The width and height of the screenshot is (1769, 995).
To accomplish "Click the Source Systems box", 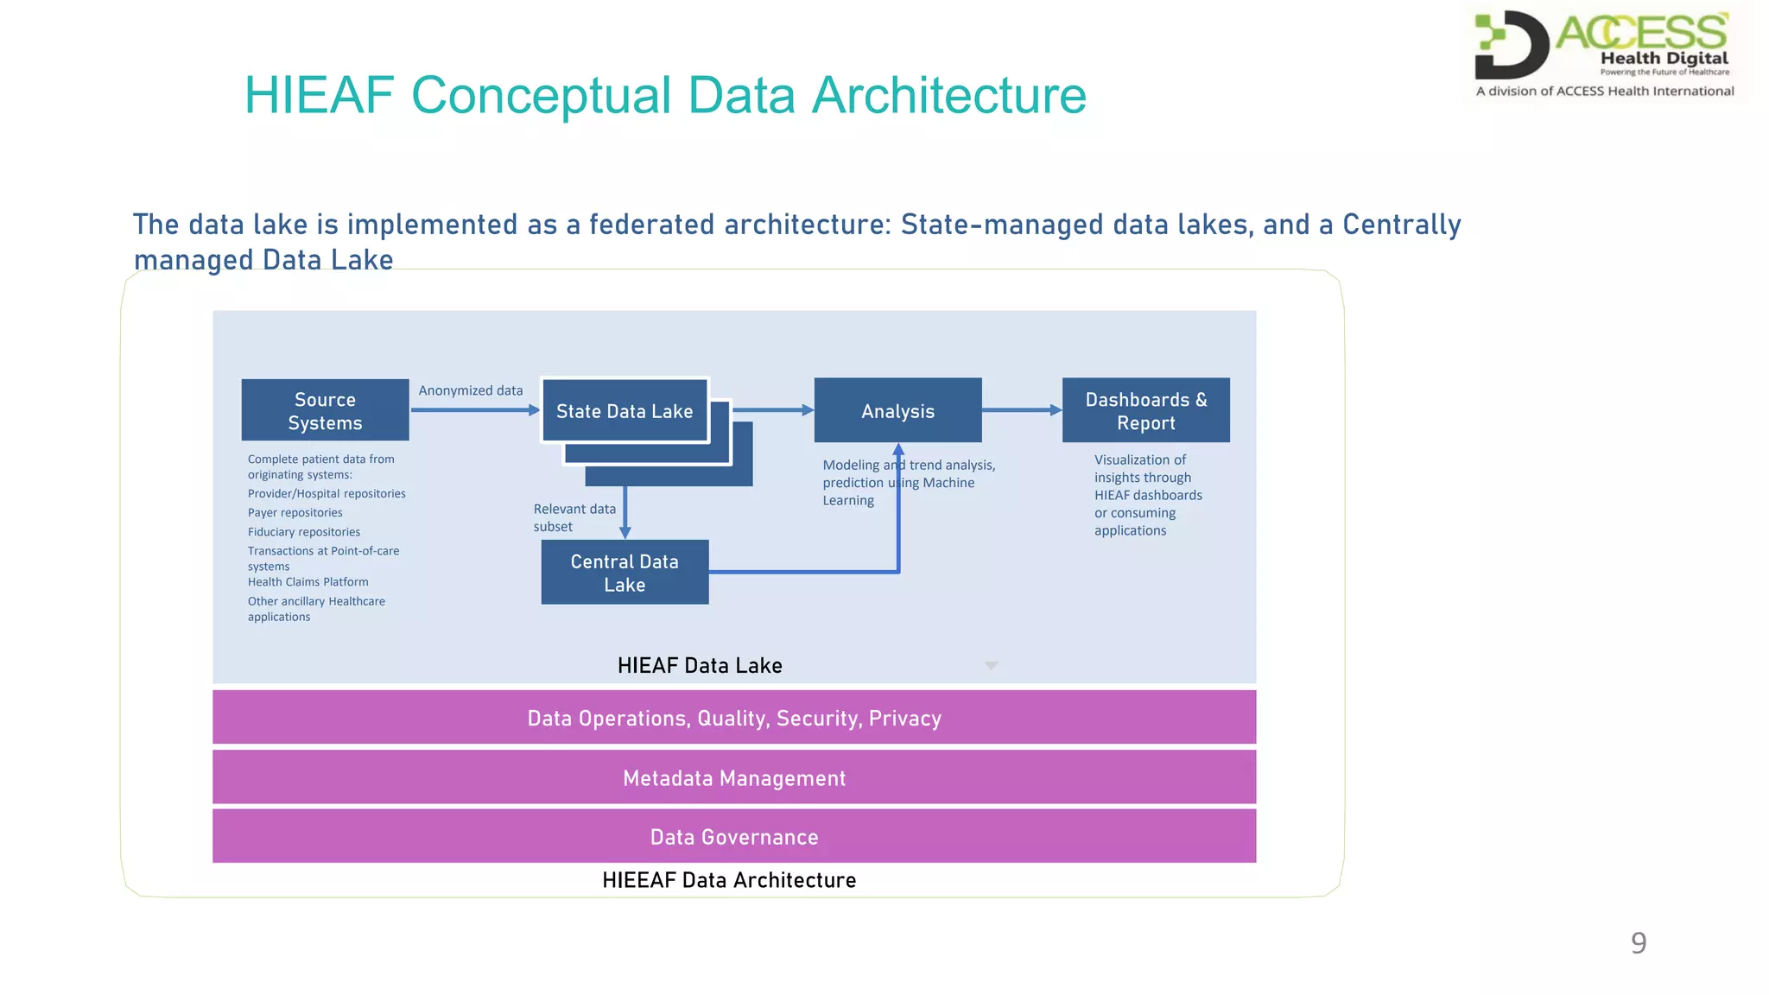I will click(x=325, y=410).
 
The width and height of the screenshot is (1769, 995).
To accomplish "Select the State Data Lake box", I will click(x=625, y=411).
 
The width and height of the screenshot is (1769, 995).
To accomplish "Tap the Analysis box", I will click(x=897, y=411).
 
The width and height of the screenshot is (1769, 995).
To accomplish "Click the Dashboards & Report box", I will click(x=1145, y=411).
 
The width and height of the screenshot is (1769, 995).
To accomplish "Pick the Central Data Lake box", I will click(x=625, y=573).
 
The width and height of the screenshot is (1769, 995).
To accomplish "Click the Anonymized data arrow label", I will click(x=471, y=390).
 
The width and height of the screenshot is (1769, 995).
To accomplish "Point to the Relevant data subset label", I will click(x=574, y=517).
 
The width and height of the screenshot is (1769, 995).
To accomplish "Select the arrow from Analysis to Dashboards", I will click(x=1022, y=410).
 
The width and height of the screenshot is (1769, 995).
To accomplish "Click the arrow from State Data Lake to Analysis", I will click(x=772, y=410).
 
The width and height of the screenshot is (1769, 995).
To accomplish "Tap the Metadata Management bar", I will click(x=734, y=777).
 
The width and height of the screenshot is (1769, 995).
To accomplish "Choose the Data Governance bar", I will click(x=734, y=836).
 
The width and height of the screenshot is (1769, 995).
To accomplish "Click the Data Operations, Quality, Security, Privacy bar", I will click(x=734, y=718).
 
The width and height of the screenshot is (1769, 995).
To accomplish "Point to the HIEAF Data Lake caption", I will click(x=700, y=665).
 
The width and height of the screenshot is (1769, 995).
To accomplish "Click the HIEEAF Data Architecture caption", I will click(x=729, y=879).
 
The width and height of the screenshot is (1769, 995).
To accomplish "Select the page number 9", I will click(x=1638, y=942).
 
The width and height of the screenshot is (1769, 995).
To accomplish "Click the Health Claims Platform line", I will click(x=308, y=582).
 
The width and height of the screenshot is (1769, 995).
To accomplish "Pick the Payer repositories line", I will click(x=295, y=513).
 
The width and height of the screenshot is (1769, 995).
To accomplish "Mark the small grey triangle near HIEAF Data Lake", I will click(x=992, y=665).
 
